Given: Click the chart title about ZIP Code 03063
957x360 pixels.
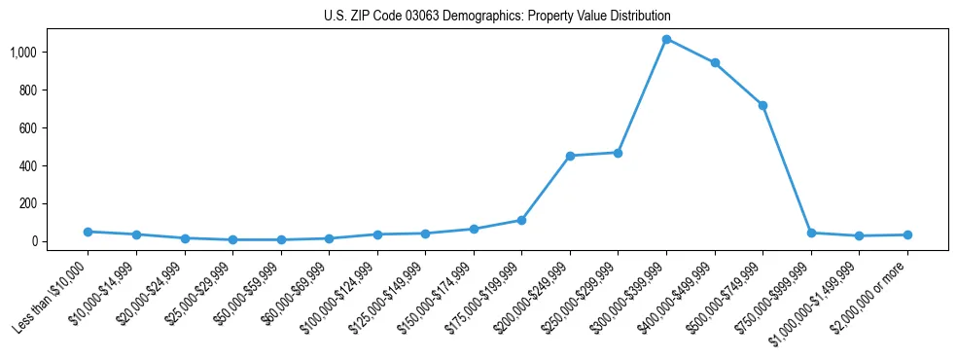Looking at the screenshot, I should click(497, 17).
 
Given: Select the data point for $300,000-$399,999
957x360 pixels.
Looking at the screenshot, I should click(666, 39).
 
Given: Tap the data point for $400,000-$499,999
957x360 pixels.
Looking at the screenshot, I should click(715, 62).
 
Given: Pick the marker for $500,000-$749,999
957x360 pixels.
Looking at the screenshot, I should click(762, 105).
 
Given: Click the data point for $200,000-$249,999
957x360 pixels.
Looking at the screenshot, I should click(570, 156).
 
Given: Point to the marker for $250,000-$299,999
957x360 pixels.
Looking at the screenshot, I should click(618, 153).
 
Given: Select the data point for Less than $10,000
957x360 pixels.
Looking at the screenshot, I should click(88, 232).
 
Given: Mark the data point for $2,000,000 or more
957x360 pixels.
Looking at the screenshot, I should click(907, 234).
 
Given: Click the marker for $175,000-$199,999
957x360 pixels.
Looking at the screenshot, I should click(521, 220).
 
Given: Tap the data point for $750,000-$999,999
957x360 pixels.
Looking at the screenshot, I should click(811, 233).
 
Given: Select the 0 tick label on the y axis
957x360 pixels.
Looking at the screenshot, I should click(35, 241).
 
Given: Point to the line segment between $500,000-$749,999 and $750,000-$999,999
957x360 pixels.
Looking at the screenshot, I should click(787, 169).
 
